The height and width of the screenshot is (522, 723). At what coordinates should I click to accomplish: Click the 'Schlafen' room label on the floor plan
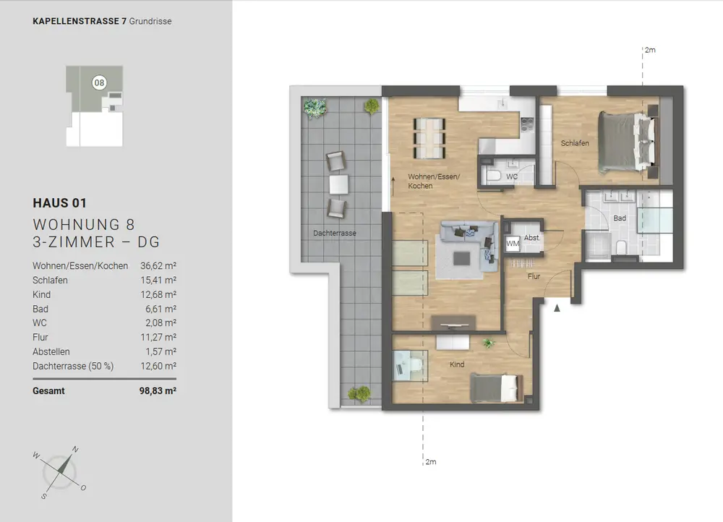(x=575, y=143)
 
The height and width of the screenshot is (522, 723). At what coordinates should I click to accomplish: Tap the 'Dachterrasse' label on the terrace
(x=334, y=234)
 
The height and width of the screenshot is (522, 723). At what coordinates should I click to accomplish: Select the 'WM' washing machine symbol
(x=513, y=244)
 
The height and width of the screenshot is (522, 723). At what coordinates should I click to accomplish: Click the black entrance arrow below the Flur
(x=557, y=307)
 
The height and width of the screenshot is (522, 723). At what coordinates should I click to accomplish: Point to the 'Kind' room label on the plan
(x=457, y=364)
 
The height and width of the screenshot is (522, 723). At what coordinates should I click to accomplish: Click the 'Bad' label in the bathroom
(x=620, y=218)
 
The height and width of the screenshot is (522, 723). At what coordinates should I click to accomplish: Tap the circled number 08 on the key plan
(x=99, y=83)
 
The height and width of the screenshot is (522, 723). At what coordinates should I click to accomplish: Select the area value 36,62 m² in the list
(x=158, y=266)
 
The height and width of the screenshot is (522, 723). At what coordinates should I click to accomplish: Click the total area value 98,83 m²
(x=158, y=391)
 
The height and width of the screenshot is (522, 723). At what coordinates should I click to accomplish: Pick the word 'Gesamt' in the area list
(x=48, y=391)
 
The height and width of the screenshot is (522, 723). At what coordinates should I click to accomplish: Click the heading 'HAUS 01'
(x=59, y=203)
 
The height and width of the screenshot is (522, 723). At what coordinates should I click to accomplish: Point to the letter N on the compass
(x=75, y=449)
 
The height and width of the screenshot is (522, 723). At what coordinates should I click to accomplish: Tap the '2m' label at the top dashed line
(x=650, y=50)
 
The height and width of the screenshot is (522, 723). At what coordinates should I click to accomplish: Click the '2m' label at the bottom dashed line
(x=431, y=461)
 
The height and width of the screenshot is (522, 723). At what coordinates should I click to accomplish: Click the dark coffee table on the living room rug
(x=461, y=258)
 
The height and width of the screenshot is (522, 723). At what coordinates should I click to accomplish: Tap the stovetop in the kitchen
(x=527, y=124)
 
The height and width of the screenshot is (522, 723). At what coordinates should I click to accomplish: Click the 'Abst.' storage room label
(x=531, y=238)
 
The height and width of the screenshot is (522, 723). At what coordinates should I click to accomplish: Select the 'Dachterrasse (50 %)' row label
(x=73, y=366)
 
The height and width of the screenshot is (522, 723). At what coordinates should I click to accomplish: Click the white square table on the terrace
(x=338, y=184)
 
